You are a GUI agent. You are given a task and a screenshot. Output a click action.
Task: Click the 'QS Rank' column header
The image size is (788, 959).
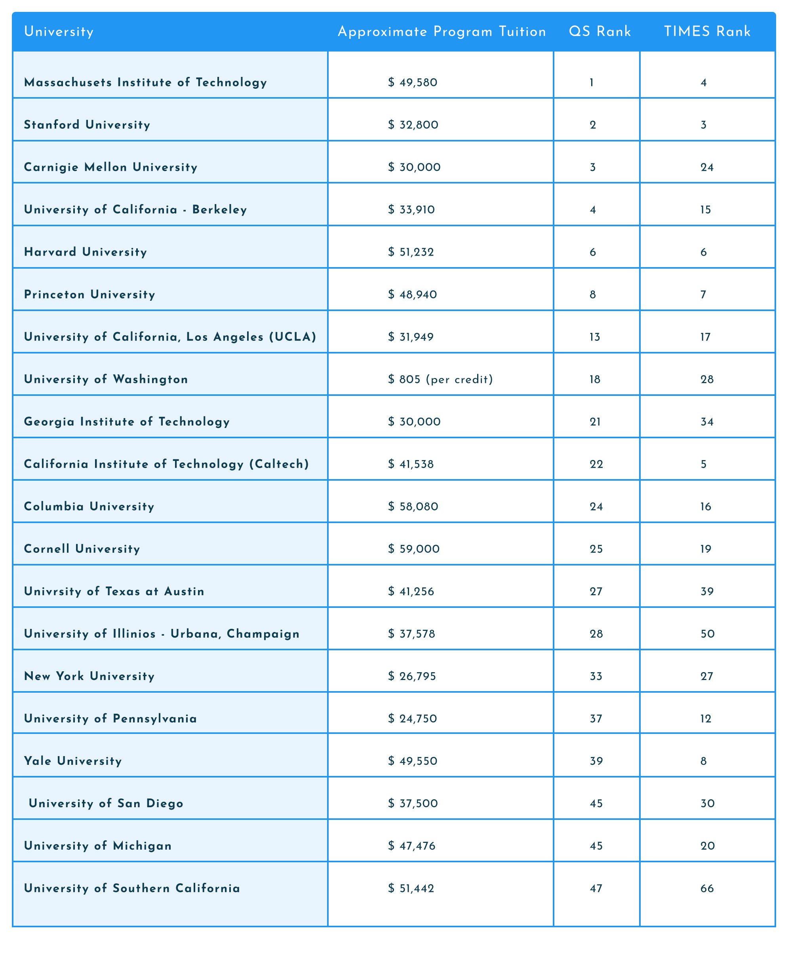coord(600,32)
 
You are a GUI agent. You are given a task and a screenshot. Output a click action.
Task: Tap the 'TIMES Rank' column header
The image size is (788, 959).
coord(707,32)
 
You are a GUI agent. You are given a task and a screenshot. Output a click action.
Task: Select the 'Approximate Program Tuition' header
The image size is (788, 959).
coord(442,32)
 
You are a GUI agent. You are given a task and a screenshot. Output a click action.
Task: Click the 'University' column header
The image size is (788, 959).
coord(59,32)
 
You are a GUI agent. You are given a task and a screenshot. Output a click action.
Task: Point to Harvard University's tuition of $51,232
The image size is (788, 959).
coord(411,252)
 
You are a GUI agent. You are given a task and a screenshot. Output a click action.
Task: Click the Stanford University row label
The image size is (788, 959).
coord(87,125)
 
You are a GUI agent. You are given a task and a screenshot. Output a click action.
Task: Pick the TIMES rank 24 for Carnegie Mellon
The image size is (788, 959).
coord(707,168)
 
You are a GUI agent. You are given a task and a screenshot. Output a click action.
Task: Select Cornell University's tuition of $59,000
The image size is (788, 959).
coord(414,549)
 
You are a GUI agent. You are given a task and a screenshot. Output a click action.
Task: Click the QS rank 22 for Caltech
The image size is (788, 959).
coord(596,464)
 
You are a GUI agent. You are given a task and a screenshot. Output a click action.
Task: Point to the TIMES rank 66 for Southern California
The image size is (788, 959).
coord(707,888)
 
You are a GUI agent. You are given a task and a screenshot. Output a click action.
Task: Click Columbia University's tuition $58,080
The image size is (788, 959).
coord(413,506)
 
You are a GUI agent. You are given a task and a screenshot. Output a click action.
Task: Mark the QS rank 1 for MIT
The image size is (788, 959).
coord(592,83)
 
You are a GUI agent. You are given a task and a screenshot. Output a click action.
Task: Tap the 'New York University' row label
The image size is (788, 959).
coord(89,676)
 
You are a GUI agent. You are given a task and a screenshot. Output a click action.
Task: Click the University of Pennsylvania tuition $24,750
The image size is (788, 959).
coord(413,719)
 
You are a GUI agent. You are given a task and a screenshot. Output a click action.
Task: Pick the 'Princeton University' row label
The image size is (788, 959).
coord(90,295)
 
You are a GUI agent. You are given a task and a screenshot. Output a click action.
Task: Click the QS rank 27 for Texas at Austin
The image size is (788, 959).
coord(596,592)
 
